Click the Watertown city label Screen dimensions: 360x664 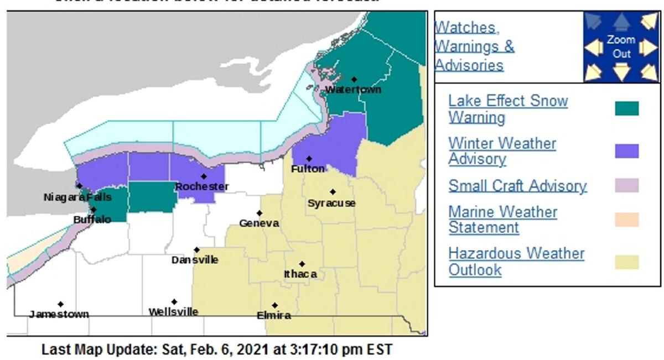(353, 90)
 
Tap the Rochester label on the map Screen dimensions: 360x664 (202, 187)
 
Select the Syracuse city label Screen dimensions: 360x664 (331, 203)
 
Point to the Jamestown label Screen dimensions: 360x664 (59, 314)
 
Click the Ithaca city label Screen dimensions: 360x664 (300, 274)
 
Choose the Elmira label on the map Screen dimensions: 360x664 (274, 315)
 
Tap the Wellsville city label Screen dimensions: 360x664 (173, 312)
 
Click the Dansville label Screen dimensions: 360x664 (195, 260)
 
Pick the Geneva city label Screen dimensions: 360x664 (259, 223)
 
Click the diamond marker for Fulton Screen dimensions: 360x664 (309, 159)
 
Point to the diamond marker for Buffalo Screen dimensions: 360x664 (94, 210)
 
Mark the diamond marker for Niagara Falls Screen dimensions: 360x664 (79, 186)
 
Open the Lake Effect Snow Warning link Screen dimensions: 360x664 (507, 109)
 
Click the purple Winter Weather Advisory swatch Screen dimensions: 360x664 (626, 151)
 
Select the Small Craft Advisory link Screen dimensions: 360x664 (517, 186)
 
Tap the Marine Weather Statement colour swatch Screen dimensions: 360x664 (626, 220)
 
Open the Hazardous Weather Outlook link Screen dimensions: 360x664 (516, 262)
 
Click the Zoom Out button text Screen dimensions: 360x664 (621, 47)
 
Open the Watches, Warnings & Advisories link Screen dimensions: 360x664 (474, 46)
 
